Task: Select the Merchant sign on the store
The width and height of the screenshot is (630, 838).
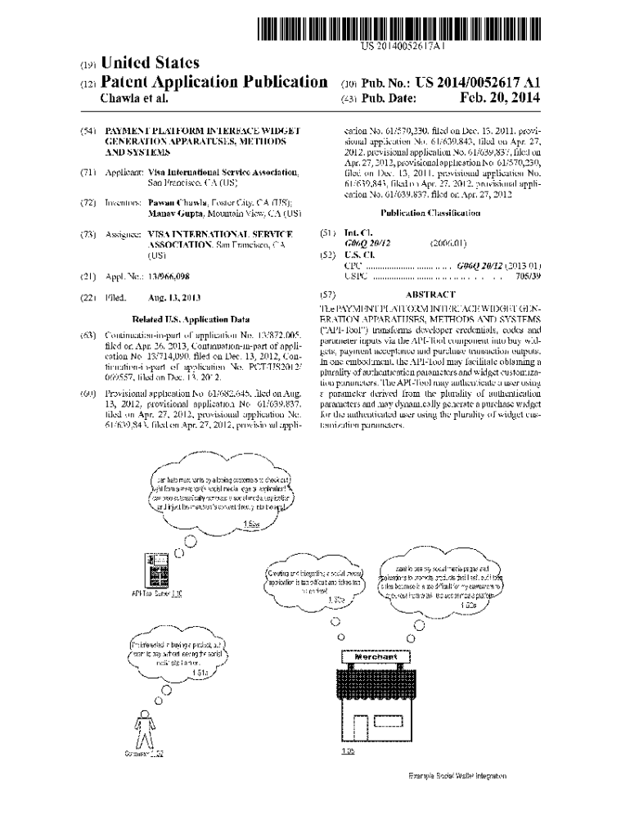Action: tap(376, 657)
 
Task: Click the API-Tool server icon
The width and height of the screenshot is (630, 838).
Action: tap(154, 570)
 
